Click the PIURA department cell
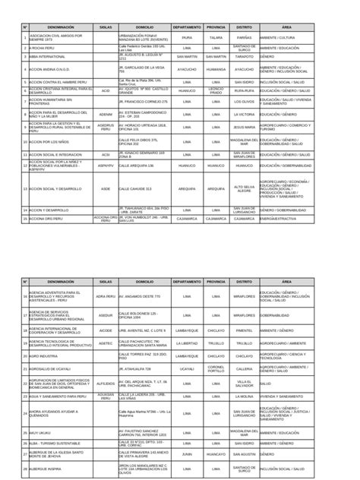click(x=187, y=36)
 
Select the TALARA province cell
click(x=216, y=36)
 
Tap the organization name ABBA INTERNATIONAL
click(x=47, y=56)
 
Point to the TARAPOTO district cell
click(x=244, y=56)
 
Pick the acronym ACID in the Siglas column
click(x=106, y=90)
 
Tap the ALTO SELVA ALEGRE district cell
click(x=244, y=188)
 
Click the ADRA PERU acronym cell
click(x=106, y=296)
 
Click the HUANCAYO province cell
click(x=216, y=454)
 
